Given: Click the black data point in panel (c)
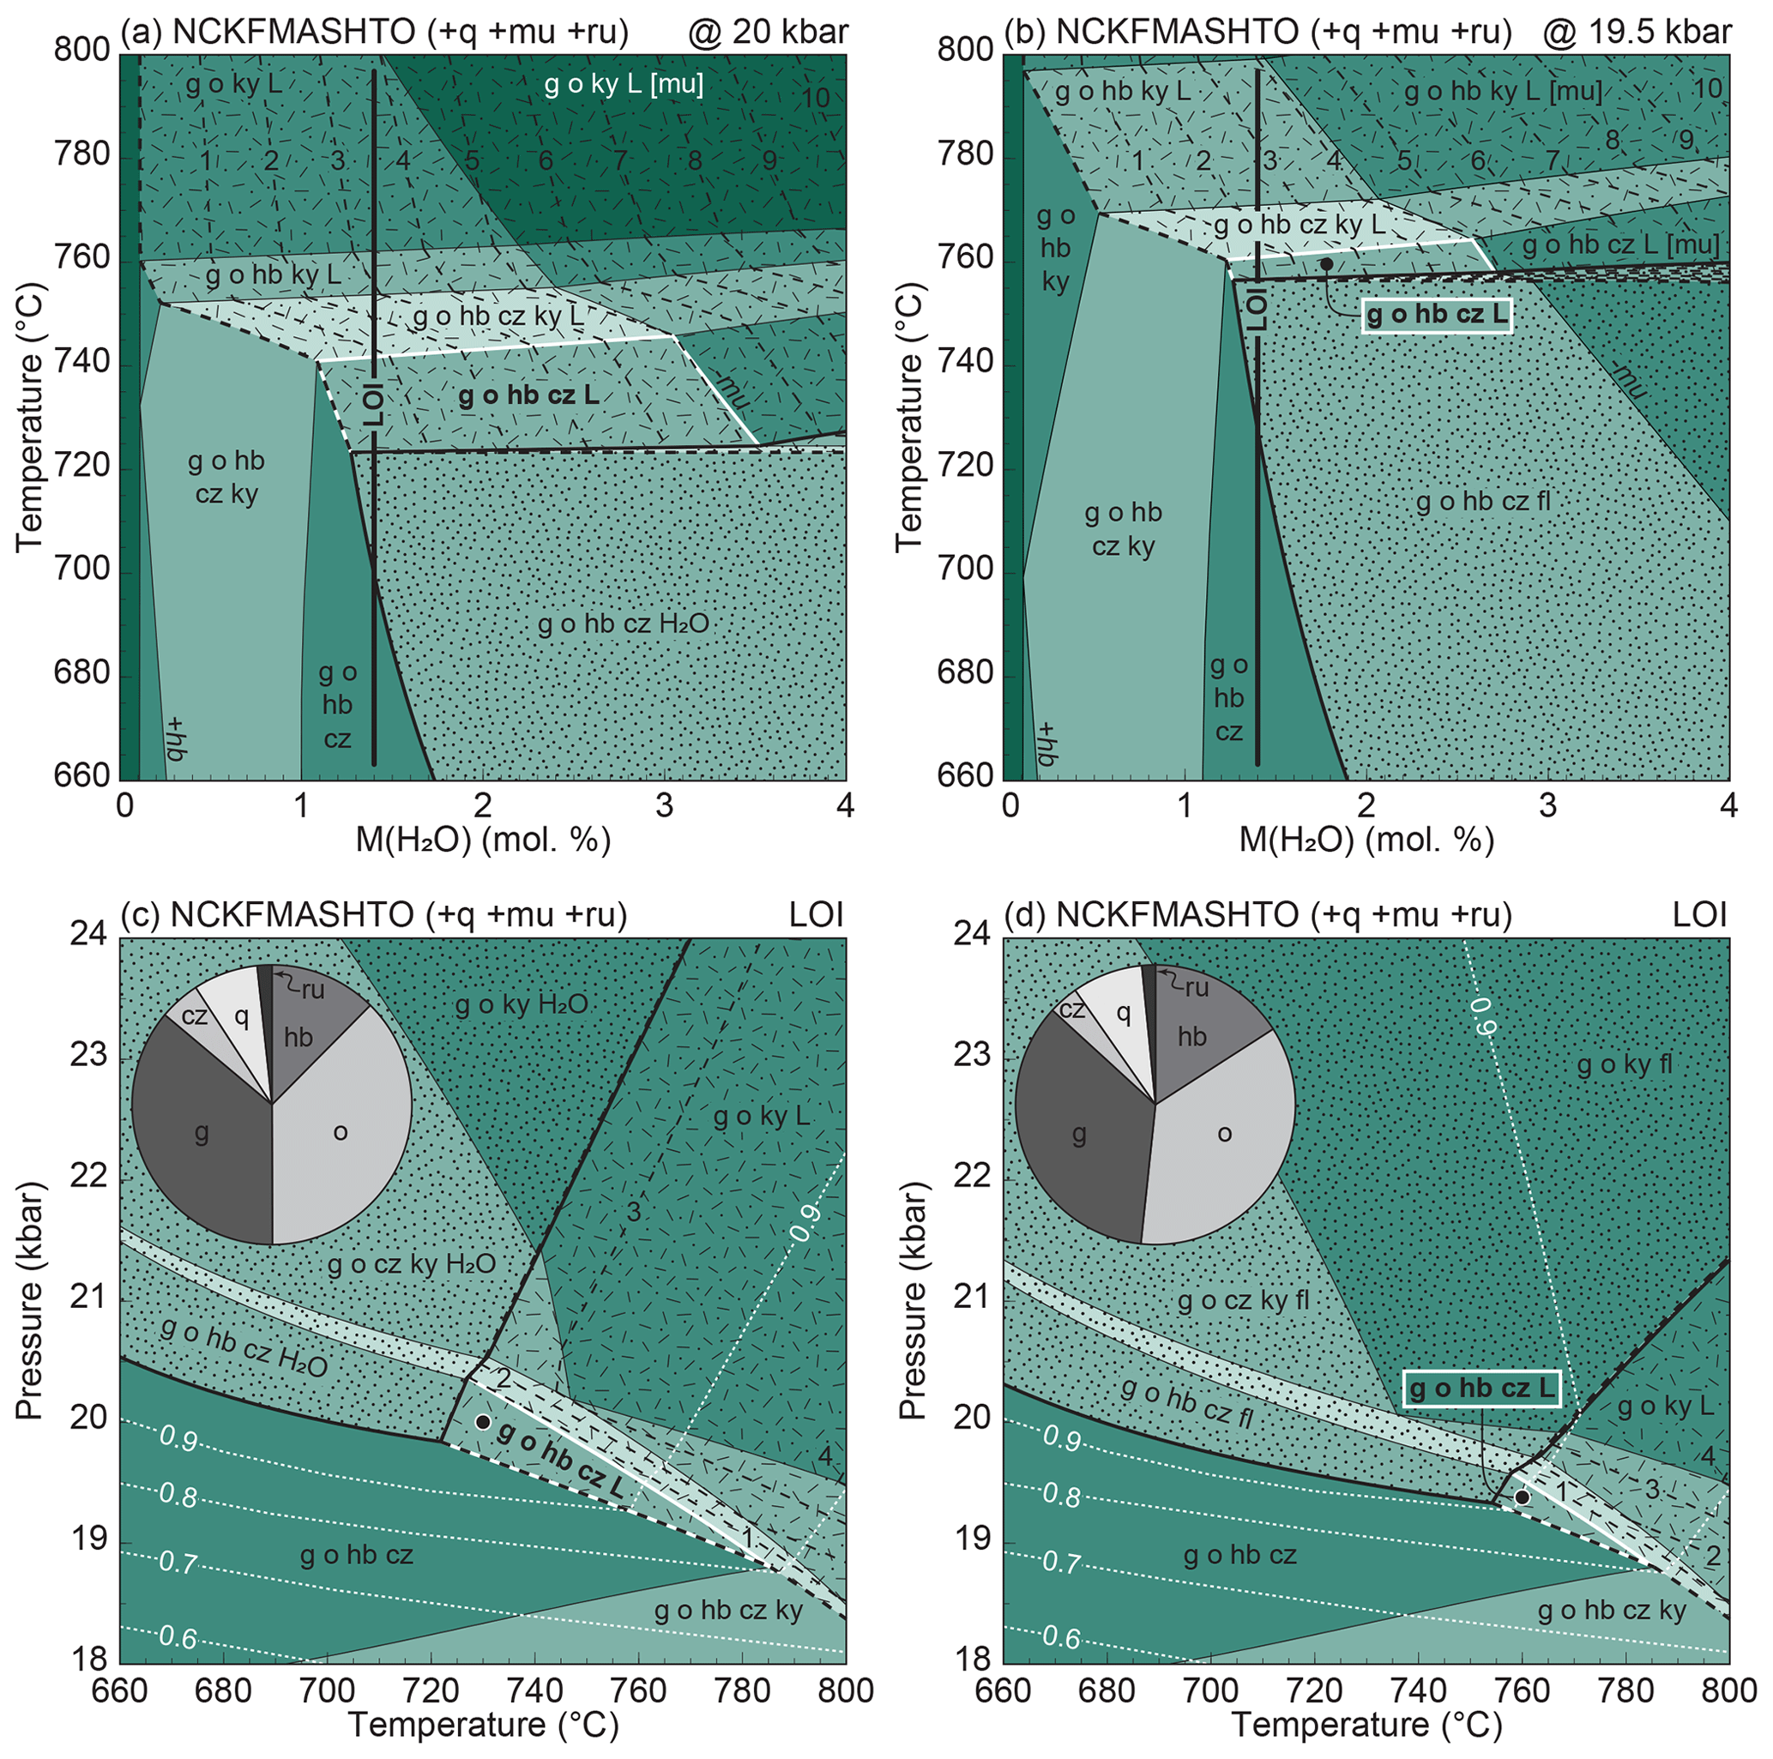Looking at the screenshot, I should (483, 1421).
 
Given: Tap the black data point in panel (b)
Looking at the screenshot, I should (1326, 263).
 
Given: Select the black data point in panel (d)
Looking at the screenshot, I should (1521, 1497).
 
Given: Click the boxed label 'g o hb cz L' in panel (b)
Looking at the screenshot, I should (1436, 316).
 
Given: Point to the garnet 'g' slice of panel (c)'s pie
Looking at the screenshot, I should (202, 1134).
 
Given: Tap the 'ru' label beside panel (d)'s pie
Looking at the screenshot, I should (1196, 987).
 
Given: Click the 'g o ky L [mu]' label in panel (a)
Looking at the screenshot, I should (624, 86).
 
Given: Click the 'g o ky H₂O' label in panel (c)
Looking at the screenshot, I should (522, 1005).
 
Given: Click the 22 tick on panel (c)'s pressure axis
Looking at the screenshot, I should (88, 1178).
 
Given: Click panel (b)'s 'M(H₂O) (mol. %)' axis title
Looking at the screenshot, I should (1366, 840).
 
